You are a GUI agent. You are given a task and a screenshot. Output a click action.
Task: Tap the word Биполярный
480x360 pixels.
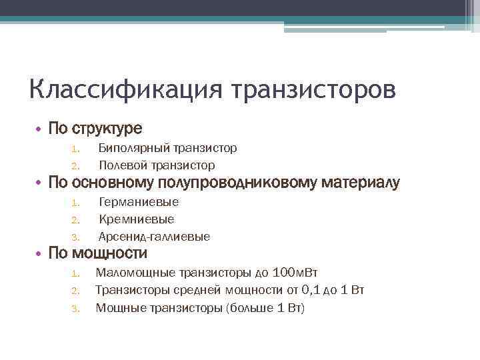pos(133,148)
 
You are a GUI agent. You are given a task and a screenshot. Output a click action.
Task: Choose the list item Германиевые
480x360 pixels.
pos(139,202)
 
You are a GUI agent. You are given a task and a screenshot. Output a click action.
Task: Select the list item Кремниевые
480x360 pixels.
pos(136,219)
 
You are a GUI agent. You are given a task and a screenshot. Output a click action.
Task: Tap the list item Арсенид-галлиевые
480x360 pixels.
pos(154,237)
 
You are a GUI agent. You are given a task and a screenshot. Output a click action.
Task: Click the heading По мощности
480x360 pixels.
pos(97,253)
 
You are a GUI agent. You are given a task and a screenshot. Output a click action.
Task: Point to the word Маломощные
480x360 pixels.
pos(133,272)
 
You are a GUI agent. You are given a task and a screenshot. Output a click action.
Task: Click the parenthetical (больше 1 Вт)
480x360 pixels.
pos(265,307)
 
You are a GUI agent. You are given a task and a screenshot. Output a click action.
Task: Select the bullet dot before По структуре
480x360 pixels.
pos(39,128)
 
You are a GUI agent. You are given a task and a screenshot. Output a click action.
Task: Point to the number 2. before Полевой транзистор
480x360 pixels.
pos(75,165)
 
